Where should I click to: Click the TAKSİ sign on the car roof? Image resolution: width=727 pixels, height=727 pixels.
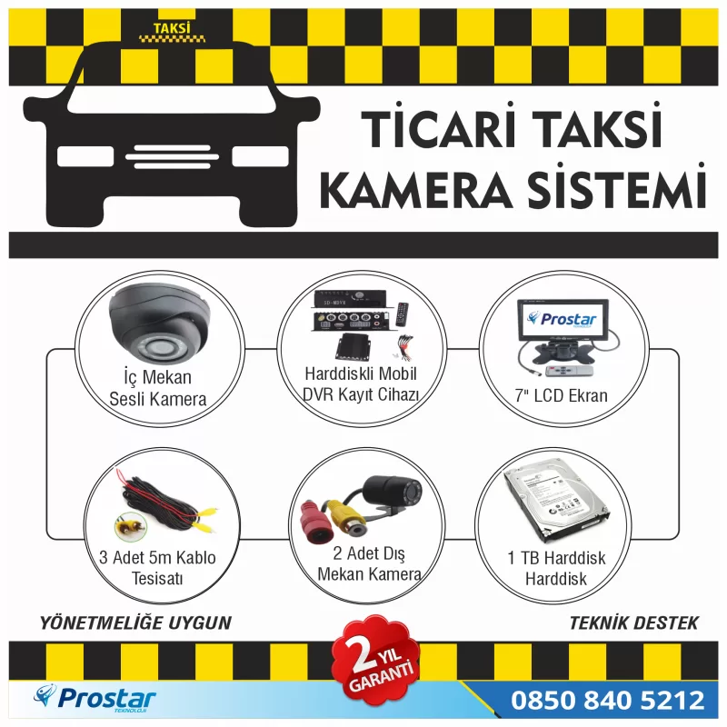click(172, 32)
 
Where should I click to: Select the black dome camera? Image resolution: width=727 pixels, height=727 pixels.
click(160, 324)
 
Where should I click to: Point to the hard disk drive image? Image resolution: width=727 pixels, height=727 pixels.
click(556, 501)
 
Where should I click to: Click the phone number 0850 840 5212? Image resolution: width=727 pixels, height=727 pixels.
click(607, 700)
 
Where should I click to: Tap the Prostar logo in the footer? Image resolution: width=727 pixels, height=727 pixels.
click(95, 698)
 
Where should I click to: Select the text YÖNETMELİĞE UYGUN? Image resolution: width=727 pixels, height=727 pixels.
click(135, 622)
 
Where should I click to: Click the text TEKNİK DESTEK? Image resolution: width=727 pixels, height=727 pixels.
click(633, 622)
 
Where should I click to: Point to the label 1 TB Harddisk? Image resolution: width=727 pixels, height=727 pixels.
click(556, 558)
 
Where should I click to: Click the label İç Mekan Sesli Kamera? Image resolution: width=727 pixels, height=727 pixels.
click(157, 388)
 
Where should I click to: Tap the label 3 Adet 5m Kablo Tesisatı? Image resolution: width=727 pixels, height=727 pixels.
click(157, 568)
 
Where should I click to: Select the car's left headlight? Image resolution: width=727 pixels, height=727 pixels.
click(85, 156)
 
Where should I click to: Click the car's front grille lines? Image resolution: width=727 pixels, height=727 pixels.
click(172, 156)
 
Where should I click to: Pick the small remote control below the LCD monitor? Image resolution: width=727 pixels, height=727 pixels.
click(570, 371)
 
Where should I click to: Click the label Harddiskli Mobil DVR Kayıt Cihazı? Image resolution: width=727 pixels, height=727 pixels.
click(361, 383)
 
